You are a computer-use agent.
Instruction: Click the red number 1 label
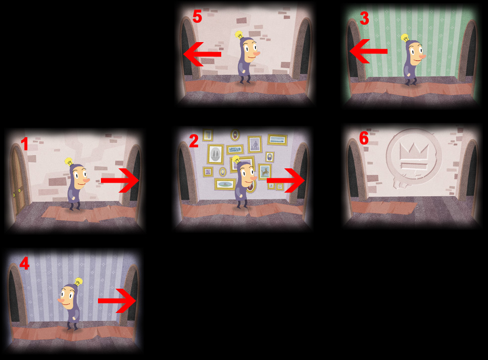tap(24, 144)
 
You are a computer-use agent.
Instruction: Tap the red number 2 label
tap(194, 141)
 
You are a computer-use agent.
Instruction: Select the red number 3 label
tap(364, 18)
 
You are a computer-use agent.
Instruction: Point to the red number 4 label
tap(24, 263)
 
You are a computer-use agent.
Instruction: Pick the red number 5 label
tap(197, 16)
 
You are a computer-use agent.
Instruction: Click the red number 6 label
tap(364, 138)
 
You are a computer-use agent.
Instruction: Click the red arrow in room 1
tap(120, 181)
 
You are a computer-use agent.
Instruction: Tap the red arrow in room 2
tap(286, 180)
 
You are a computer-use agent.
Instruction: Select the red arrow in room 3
tap(369, 51)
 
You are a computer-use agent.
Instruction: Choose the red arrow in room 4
tap(117, 301)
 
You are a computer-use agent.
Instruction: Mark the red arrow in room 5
tap(202, 54)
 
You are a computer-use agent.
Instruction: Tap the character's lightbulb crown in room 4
tap(78, 282)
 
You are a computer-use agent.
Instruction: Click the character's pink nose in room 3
tap(422, 56)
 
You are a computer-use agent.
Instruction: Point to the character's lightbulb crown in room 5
tap(239, 35)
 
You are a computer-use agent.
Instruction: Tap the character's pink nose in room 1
tap(86, 180)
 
